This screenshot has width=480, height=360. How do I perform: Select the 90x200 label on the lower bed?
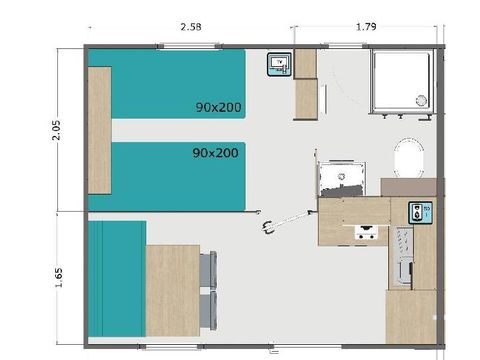[x=215, y=153]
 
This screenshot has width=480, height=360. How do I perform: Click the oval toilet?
[x=408, y=160]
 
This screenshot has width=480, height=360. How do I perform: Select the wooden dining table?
[x=172, y=291]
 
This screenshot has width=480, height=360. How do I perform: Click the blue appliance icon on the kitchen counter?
[x=417, y=212]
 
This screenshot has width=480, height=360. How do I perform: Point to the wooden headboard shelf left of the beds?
[x=98, y=130]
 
